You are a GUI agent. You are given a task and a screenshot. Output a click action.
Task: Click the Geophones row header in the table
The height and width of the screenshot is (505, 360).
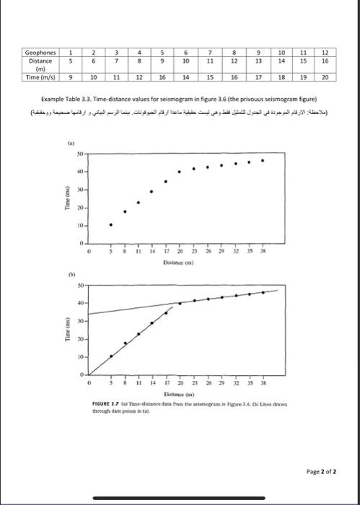point(40,53)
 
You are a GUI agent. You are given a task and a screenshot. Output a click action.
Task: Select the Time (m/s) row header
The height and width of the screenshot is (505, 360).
point(40,76)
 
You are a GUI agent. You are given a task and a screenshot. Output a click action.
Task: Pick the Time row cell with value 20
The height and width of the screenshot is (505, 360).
point(325,76)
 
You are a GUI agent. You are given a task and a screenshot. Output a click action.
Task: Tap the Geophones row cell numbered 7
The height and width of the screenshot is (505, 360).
point(209,53)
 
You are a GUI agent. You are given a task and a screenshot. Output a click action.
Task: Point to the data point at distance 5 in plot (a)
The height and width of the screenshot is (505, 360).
point(111,224)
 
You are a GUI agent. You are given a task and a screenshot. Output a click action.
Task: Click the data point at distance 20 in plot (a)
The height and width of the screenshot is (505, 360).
point(180,172)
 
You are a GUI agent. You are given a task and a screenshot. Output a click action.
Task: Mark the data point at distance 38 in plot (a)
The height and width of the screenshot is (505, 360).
point(263,160)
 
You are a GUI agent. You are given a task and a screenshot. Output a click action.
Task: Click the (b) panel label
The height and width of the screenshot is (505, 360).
point(71,275)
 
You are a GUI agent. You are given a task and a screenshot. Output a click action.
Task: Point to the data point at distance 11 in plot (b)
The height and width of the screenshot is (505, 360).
point(139,334)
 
